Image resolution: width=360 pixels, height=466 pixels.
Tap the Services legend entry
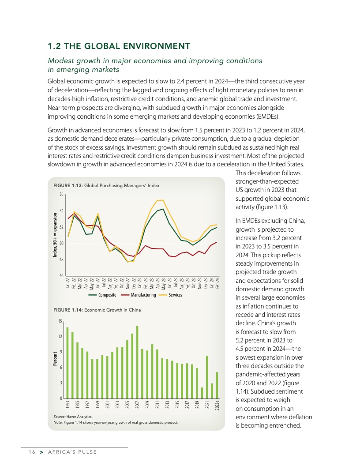click(x=175, y=295)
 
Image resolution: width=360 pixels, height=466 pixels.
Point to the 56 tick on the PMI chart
click(x=61, y=194)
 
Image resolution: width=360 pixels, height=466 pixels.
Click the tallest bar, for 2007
click(x=137, y=362)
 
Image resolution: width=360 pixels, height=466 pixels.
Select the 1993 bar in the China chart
click(x=67, y=363)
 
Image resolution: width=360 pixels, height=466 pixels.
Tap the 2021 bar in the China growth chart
click(x=207, y=377)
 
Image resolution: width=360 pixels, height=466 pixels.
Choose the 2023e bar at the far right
click(x=217, y=385)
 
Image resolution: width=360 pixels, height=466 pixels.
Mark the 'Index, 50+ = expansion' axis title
click(x=55, y=235)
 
